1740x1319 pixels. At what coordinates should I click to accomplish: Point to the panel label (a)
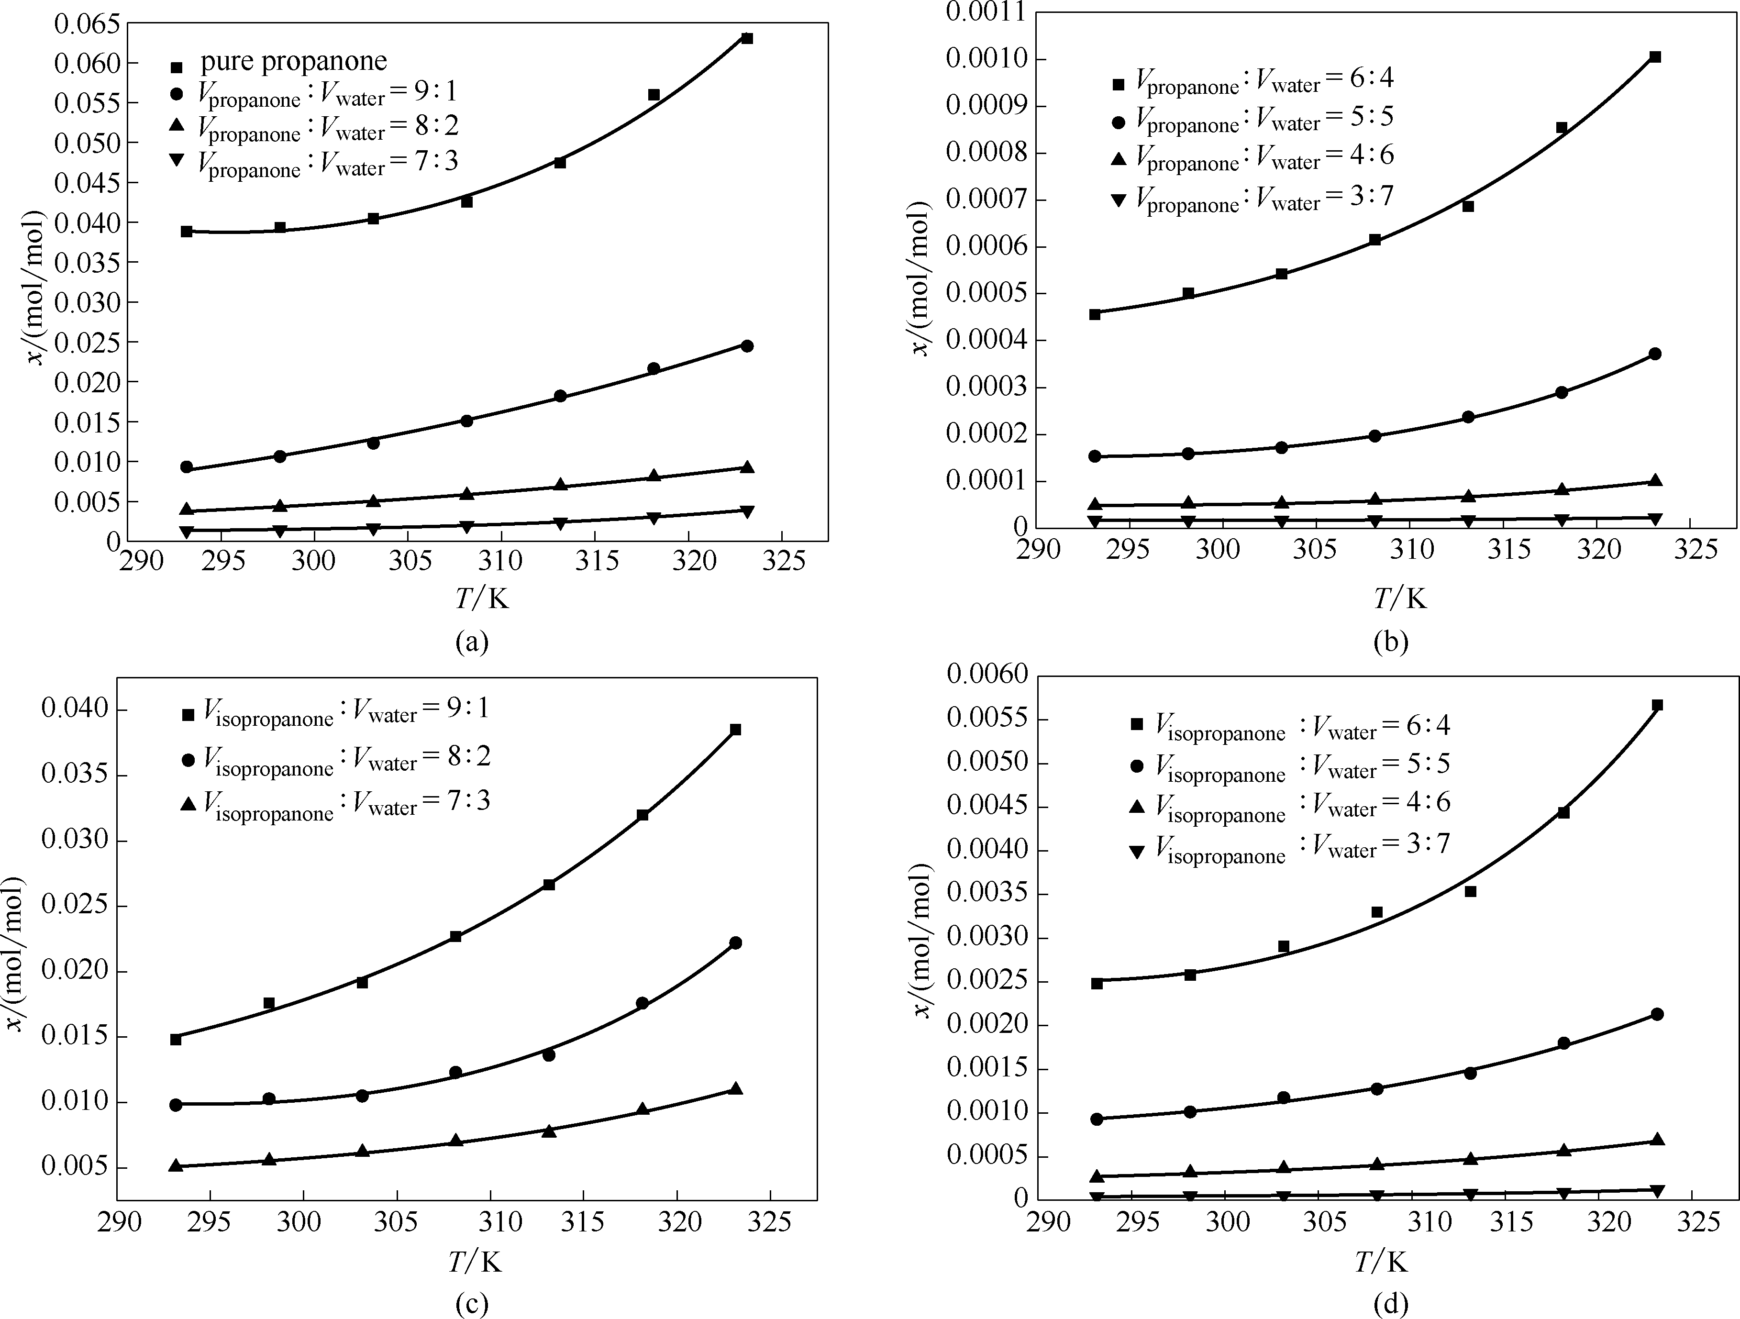pyautogui.click(x=472, y=642)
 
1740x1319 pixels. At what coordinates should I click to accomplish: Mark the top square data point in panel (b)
pyautogui.click(x=1655, y=56)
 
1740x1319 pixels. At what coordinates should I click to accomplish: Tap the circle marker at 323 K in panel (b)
pyautogui.click(x=1655, y=354)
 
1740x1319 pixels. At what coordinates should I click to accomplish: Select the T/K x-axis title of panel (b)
pyautogui.click(x=1399, y=599)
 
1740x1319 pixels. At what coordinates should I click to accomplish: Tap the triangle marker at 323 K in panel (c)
pyautogui.click(x=735, y=1088)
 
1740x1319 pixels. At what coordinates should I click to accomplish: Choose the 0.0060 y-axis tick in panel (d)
pyautogui.click(x=987, y=674)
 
